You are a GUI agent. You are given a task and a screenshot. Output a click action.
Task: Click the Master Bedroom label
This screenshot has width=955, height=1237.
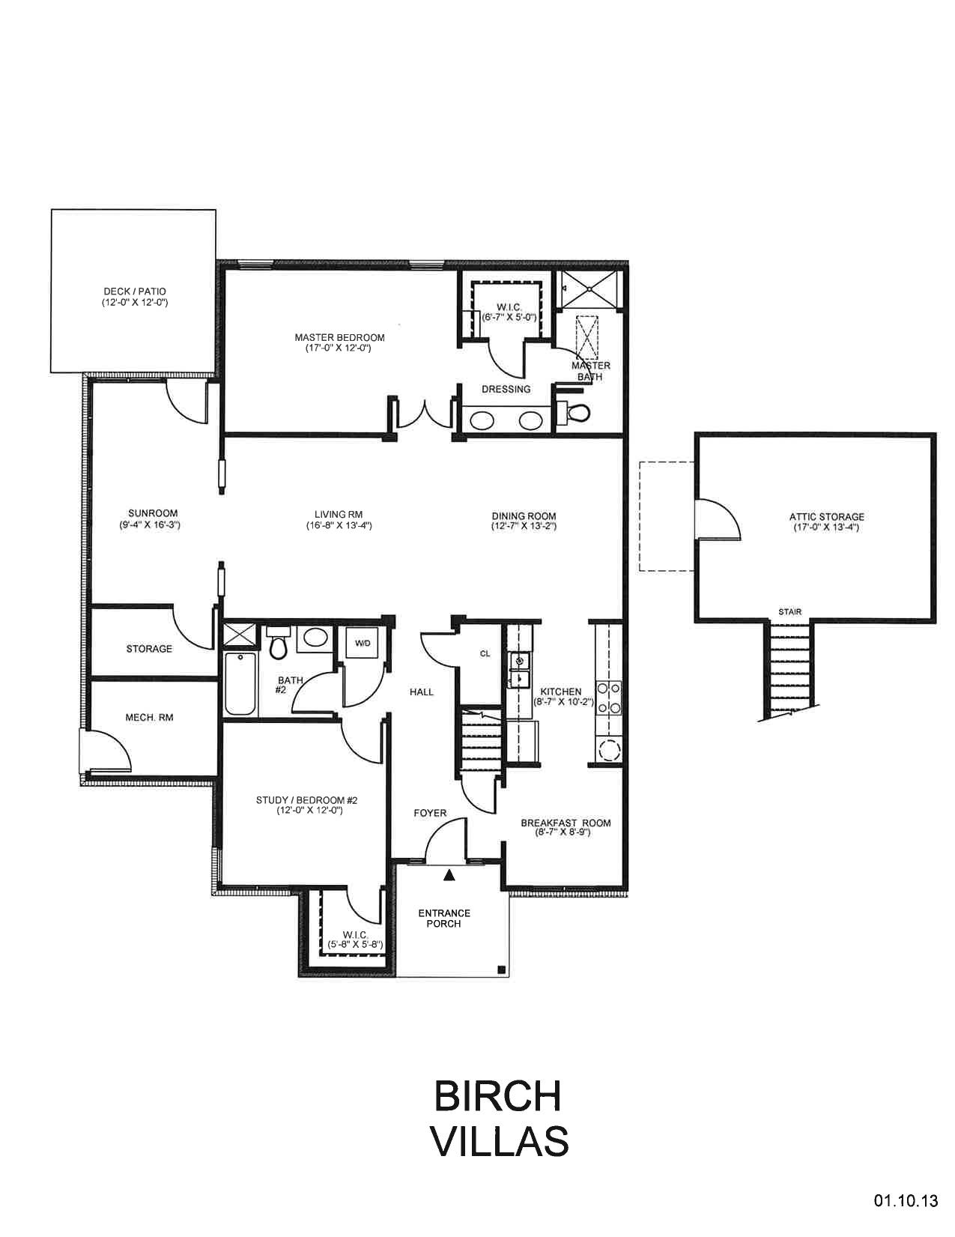(339, 338)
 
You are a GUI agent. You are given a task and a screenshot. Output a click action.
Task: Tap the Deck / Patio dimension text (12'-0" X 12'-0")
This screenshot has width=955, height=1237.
(134, 302)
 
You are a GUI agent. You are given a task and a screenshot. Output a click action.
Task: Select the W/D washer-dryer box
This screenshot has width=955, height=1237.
(363, 644)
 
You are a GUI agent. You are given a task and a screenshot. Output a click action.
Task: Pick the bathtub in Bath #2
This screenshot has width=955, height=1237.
(240, 684)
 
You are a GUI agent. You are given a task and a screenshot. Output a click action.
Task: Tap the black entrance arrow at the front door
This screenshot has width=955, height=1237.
(449, 875)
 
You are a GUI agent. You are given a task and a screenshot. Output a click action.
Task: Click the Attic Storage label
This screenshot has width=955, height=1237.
(826, 517)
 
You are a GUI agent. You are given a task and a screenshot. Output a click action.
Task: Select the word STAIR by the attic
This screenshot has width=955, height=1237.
(790, 611)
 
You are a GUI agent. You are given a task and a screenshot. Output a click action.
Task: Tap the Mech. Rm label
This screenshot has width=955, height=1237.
(149, 718)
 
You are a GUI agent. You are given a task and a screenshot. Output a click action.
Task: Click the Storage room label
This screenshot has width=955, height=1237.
(149, 649)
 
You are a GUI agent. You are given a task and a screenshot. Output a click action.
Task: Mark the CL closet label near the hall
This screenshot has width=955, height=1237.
(485, 653)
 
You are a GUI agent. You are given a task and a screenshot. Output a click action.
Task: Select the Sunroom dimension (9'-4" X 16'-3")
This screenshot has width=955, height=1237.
(150, 525)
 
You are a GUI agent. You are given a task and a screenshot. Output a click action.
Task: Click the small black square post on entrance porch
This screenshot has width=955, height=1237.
(501, 970)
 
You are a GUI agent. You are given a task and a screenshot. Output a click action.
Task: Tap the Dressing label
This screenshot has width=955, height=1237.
(506, 390)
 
